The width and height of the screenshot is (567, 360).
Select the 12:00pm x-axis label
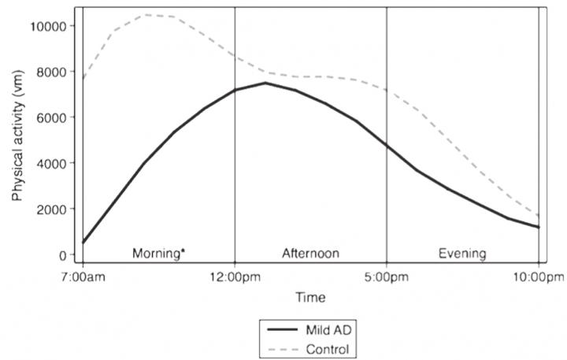pyautogui.click(x=235, y=276)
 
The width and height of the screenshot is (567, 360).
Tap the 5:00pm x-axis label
pyautogui.click(x=387, y=276)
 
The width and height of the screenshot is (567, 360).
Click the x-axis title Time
pyautogui.click(x=310, y=298)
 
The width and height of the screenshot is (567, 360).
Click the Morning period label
pyautogui.click(x=156, y=254)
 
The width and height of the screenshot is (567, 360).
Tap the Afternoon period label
pyautogui.click(x=310, y=254)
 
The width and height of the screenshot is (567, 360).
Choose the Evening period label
pyautogui.click(x=462, y=254)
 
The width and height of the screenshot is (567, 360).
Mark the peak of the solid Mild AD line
pyautogui.click(x=265, y=83)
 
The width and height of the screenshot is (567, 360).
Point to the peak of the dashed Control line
pyautogui.click(x=146, y=14)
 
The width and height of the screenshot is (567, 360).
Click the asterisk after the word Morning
pyautogui.click(x=183, y=251)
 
